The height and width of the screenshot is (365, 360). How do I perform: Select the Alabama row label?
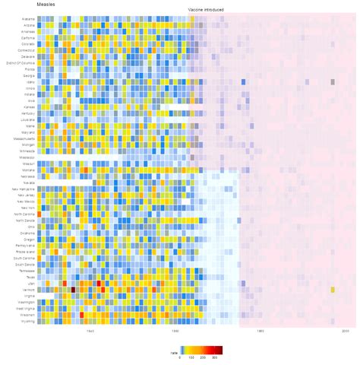(x=28, y=18)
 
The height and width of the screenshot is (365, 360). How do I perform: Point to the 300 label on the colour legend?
(x=215, y=357)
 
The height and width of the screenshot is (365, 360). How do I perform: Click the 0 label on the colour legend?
(x=181, y=357)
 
